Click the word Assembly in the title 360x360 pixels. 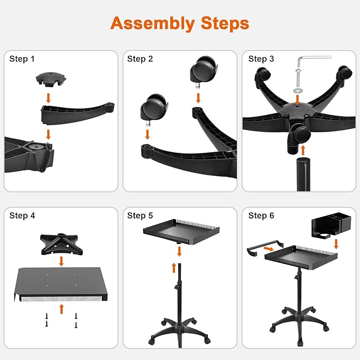pos(153,24)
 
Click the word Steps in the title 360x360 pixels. pos(225,23)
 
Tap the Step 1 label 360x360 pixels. pos(22,59)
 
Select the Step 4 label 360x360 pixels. pos(22,216)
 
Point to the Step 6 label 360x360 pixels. pos(261,216)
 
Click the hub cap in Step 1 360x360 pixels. pos(51,80)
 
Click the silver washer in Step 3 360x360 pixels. pos(298,90)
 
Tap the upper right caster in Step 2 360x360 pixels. pos(204,70)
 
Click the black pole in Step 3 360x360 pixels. pos(303,174)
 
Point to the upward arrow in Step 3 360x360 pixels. pos(303,150)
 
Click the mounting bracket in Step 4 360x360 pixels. pos(62,244)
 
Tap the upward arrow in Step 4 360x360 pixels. pos(62,309)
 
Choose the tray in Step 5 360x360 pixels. pos(181,232)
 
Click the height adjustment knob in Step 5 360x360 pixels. pos(176,287)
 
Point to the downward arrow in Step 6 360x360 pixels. pos(336,244)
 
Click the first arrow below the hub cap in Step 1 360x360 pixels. pos(48,98)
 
